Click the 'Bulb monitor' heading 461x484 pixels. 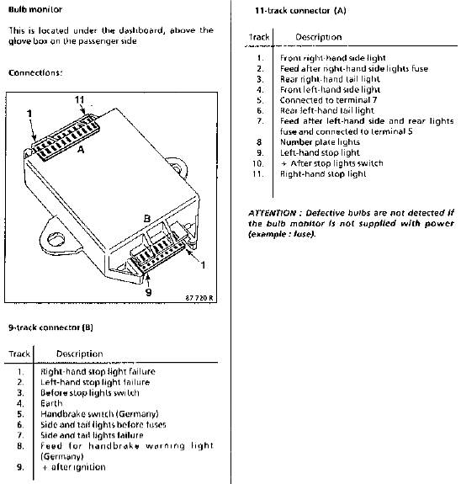pyautogui.click(x=35, y=9)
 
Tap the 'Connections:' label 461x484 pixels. pyautogui.click(x=35, y=73)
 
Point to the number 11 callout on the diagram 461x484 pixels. pyautogui.click(x=79, y=99)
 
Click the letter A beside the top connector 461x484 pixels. pyautogui.click(x=81, y=150)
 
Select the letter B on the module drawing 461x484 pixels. pyautogui.click(x=147, y=219)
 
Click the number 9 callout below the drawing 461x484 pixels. pyautogui.click(x=148, y=292)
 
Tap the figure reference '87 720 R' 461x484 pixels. pyautogui.click(x=199, y=298)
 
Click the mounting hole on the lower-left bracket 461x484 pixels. pyautogui.click(x=56, y=238)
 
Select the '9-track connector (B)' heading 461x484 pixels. pyautogui.click(x=50, y=327)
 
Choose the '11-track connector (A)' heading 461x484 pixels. pyautogui.click(x=300, y=11)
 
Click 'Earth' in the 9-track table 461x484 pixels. pyautogui.click(x=51, y=403)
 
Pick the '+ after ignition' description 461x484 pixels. pyautogui.click(x=73, y=466)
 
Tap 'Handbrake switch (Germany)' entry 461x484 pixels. pyautogui.click(x=99, y=413)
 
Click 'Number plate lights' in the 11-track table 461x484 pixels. pyautogui.click(x=320, y=142)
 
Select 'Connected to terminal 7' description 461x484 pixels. pyautogui.click(x=328, y=100)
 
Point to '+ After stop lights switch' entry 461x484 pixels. pyautogui.click(x=332, y=163)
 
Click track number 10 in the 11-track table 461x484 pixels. pyautogui.click(x=258, y=163)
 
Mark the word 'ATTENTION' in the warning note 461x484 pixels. pyautogui.click(x=273, y=213)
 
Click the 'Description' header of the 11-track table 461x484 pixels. pyautogui.click(x=319, y=37)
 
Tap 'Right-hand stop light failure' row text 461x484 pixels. pyautogui.click(x=98, y=371)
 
